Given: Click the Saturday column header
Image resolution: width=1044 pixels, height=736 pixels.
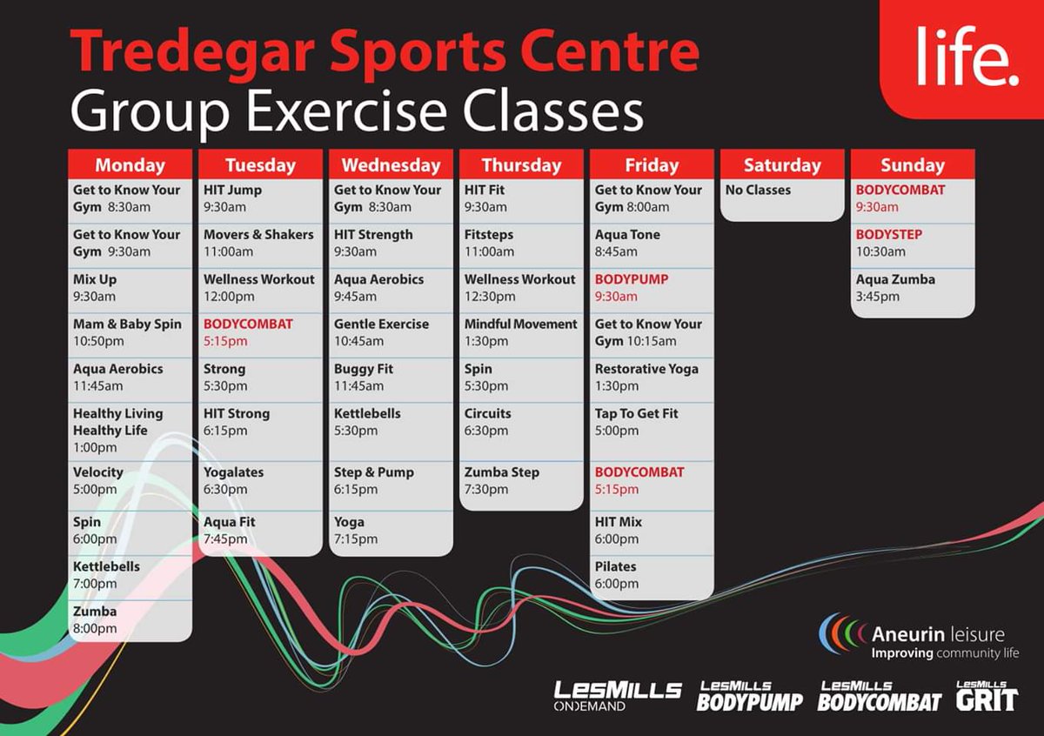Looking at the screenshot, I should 782,164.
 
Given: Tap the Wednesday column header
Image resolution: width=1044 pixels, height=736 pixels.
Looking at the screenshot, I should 391,164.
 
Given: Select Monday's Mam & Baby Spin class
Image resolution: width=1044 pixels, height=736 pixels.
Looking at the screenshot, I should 128,332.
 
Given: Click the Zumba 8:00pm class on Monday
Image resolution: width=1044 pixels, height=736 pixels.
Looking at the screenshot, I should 95,619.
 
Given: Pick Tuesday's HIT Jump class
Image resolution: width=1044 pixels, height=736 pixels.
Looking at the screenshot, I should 232,198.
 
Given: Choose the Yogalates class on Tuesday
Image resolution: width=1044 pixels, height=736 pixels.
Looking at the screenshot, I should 233,480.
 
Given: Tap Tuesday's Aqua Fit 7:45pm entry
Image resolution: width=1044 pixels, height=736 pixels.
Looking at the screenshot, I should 230,530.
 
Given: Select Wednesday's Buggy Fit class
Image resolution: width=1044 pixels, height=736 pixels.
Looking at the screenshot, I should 364,377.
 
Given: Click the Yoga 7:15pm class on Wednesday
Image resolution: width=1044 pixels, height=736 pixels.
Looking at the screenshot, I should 356,530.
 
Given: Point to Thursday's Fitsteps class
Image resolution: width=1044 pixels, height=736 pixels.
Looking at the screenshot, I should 489,243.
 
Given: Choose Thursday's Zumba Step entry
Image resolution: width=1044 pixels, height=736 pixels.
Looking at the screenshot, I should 501,480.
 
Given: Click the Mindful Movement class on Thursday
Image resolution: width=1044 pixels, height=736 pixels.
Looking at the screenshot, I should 520,332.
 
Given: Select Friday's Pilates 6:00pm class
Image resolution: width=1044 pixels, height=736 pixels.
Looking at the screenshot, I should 617,574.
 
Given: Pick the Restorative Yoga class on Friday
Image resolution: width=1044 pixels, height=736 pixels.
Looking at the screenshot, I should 646,377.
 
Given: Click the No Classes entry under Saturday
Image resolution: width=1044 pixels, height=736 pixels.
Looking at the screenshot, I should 758,190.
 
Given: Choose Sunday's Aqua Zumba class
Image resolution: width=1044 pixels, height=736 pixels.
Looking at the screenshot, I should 895,288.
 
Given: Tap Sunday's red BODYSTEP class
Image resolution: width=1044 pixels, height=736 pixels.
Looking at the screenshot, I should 889,243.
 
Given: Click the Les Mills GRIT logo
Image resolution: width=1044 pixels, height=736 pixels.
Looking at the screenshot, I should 986,696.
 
